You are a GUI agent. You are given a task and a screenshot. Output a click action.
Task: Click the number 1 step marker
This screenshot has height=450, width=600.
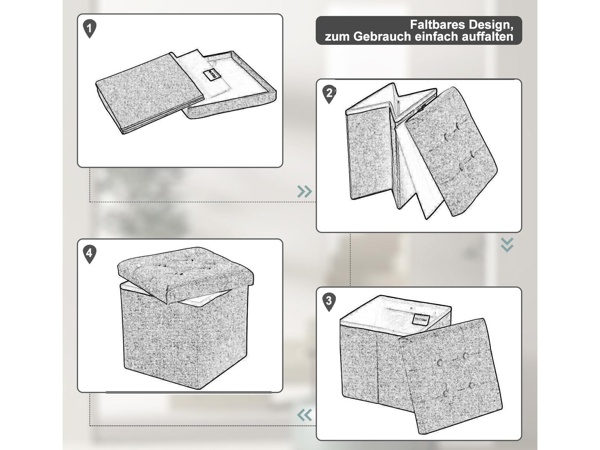pos(89,28)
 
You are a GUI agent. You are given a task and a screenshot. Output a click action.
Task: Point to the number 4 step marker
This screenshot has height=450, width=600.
pos(89,254)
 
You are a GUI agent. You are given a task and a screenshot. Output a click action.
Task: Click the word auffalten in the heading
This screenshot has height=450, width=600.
pos(487,37)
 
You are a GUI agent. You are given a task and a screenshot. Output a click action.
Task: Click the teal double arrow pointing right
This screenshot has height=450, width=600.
pos(304,192)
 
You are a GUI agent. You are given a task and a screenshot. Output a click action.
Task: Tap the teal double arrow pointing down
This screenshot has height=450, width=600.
pos(507,245)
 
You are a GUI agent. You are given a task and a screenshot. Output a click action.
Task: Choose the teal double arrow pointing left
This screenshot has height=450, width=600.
pos(304,415)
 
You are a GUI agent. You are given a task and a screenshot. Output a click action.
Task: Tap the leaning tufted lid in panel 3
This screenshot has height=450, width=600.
pos(450,376)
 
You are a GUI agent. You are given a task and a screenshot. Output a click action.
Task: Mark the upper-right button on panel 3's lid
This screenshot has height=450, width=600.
pos(465,356)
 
